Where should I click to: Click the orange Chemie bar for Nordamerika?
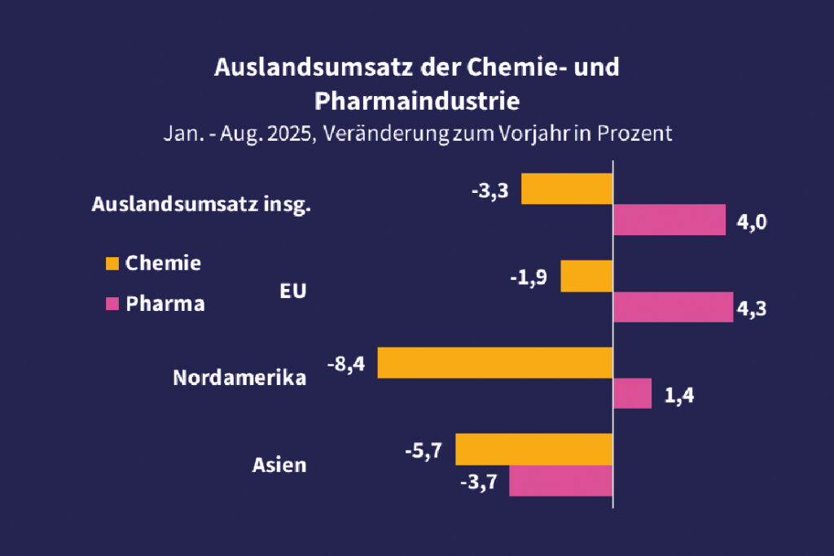(495, 362)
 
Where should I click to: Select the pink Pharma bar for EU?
(672, 308)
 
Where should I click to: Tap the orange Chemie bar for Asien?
(533, 449)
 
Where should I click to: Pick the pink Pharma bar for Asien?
(560, 480)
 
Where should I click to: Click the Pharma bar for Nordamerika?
(631, 393)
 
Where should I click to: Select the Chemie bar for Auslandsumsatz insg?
(566, 189)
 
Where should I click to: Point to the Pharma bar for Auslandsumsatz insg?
(669, 220)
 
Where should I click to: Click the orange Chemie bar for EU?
(586, 276)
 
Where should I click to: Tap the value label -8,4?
(346, 364)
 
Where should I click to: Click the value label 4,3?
(752, 309)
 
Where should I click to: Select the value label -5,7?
(423, 450)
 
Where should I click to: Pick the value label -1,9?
(529, 278)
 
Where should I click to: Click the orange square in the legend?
(112, 263)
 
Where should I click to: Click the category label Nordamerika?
(239, 379)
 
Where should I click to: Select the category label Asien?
(279, 466)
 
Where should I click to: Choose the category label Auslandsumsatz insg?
(201, 205)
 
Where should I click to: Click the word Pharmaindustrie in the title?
(416, 102)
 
